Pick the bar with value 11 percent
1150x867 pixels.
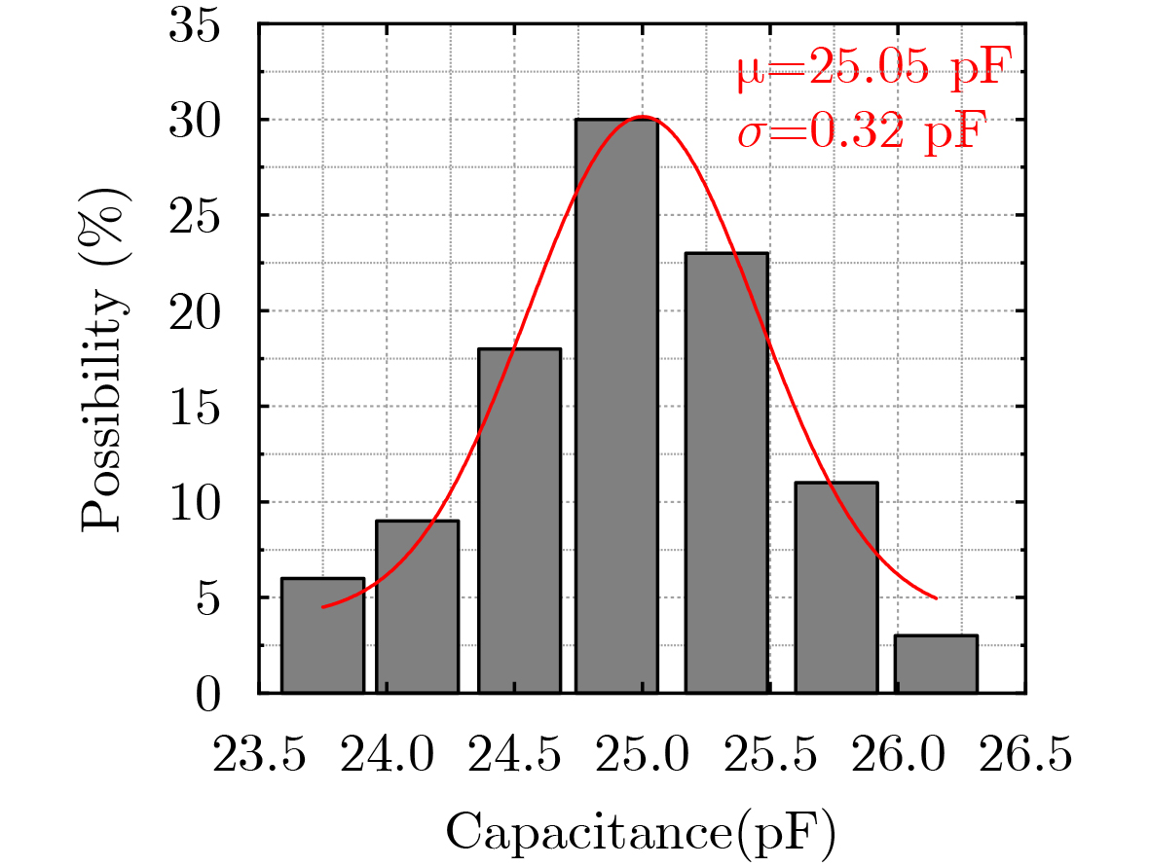pos(836,588)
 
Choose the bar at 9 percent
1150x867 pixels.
pos(417,607)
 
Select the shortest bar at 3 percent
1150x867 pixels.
pos(936,665)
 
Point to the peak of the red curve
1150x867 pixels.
pos(642,117)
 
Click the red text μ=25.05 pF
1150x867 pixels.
pos(868,72)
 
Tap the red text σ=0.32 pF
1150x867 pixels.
pos(862,129)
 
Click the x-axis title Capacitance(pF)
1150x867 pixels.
pos(642,832)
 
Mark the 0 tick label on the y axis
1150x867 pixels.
pos(208,695)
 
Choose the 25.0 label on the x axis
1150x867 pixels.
pos(643,755)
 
